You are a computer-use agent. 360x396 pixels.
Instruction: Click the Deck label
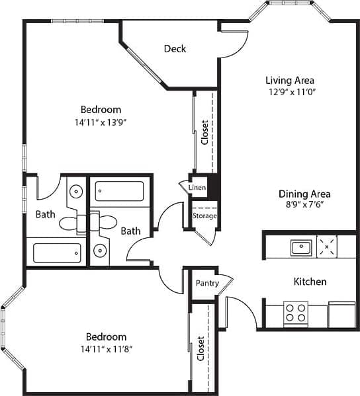pyautogui.click(x=175, y=49)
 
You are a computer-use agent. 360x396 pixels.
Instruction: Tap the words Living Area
pyautogui.click(x=285, y=81)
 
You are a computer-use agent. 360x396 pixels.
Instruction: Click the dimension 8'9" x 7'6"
pyautogui.click(x=304, y=205)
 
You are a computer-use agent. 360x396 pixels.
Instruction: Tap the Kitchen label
pyautogui.click(x=310, y=282)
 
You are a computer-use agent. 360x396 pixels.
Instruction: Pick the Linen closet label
pyautogui.click(x=197, y=188)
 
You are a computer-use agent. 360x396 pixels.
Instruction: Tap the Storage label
pyautogui.click(x=204, y=216)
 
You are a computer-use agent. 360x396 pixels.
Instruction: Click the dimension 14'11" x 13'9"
pyautogui.click(x=101, y=122)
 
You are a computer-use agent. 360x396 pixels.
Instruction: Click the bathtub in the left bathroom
pyautogui.click(x=57, y=253)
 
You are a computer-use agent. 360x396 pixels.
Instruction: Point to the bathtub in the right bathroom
pyautogui.click(x=119, y=192)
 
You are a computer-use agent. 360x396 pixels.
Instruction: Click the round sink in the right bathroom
pyautogui.click(x=101, y=251)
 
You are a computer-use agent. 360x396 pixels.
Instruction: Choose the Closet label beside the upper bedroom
pyautogui.click(x=204, y=133)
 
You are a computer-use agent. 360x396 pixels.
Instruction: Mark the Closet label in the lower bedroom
pyautogui.click(x=201, y=348)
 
